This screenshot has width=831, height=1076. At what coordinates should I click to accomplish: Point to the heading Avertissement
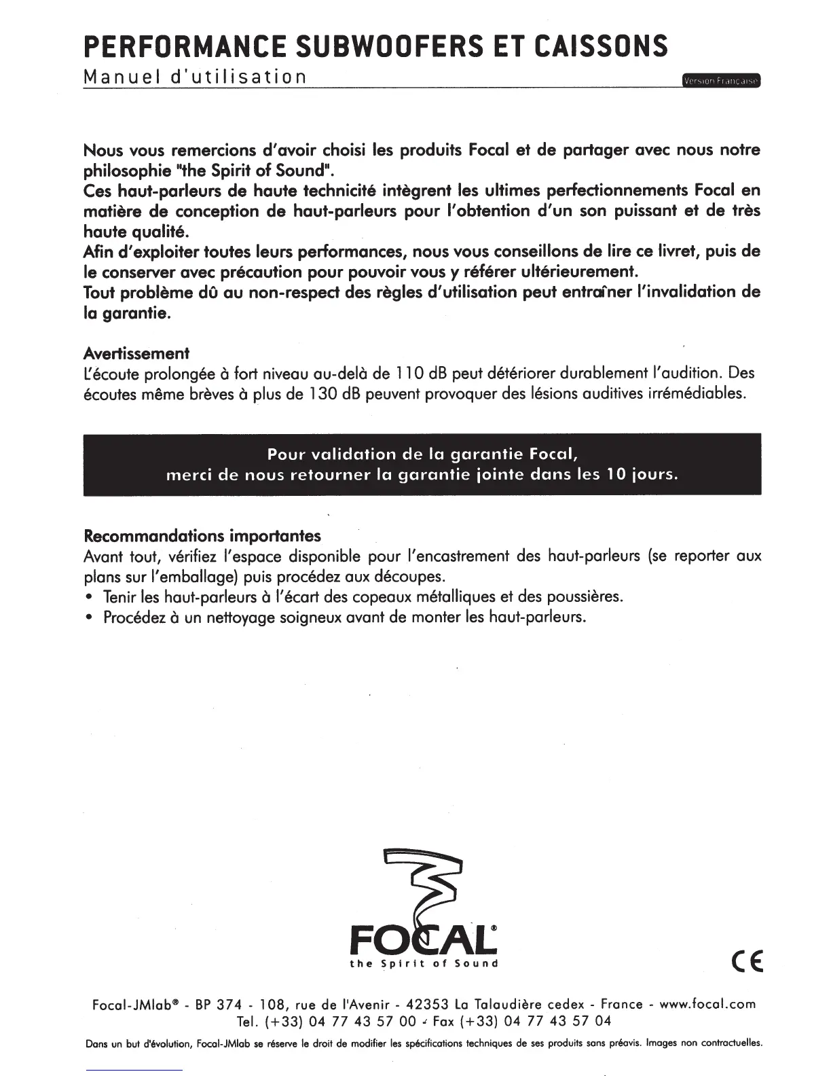pos(136,353)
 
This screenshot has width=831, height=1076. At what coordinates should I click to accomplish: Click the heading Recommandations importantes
pos(202,536)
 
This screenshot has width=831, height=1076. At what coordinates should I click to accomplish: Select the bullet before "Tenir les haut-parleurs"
pos(89,598)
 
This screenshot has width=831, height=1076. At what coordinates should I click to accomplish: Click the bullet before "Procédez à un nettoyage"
pos(89,618)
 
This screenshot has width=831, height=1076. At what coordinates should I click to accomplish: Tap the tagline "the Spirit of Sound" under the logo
pos(424,964)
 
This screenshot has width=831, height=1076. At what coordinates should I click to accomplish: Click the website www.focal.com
pos(707,1004)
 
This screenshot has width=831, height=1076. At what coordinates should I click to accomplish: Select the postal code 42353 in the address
pos(428,1004)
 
